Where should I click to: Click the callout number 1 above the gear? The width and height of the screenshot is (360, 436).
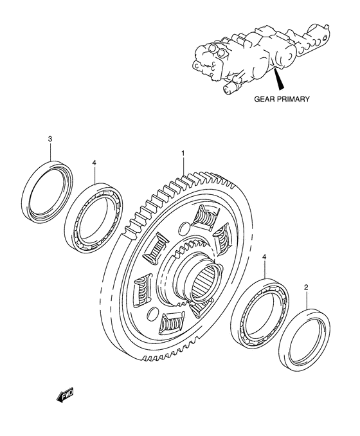(x=183, y=154)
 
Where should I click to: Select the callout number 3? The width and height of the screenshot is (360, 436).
(x=50, y=139)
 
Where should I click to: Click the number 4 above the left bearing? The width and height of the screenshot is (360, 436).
(x=94, y=164)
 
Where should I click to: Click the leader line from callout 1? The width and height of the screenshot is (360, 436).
(x=183, y=167)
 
